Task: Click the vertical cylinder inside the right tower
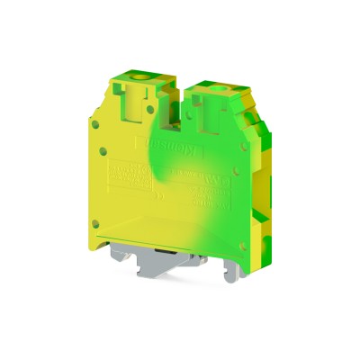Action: pos(219,115)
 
